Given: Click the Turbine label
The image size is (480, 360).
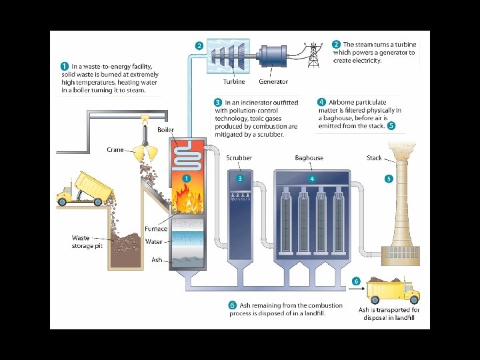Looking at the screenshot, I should click(x=234, y=82).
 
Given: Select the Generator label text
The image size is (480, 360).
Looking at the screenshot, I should click(x=273, y=82).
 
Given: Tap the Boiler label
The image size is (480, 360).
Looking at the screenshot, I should click(x=166, y=129).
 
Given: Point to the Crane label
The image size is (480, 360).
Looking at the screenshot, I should click(x=115, y=150).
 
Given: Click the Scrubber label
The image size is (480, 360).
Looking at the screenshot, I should click(x=239, y=158).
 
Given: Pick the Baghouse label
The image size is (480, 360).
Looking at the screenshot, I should click(x=309, y=158).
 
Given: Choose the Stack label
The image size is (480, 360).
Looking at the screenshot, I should click(x=374, y=158).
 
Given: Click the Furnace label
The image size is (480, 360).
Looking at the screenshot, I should click(x=156, y=229).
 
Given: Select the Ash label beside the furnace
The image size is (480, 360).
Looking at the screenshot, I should click(x=157, y=259).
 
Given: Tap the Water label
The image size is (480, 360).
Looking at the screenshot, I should click(x=154, y=242).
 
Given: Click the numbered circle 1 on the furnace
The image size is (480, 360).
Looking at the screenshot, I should click(x=187, y=179).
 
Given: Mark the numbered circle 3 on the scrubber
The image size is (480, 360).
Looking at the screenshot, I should click(x=240, y=179).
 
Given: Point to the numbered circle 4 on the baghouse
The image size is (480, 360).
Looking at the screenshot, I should click(x=311, y=179).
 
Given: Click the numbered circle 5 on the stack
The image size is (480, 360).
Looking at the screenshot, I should click(x=389, y=179).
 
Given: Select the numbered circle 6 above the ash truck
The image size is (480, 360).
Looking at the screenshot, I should click(x=356, y=281).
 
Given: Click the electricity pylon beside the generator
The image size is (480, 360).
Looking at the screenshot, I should click(x=313, y=55).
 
